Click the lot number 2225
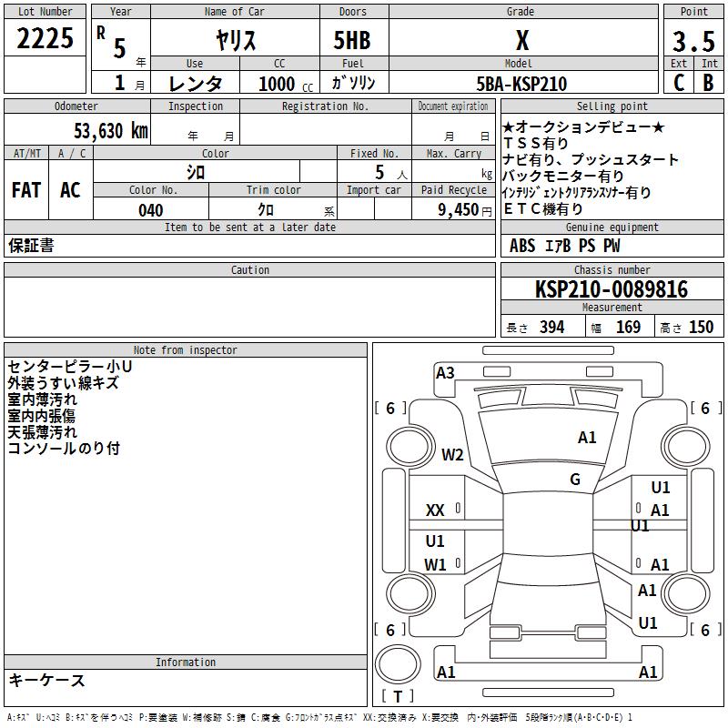pos(45,38)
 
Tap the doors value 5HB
pos(352,40)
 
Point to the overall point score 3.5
pos(693,41)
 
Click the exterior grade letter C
pos(679,82)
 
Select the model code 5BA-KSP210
pos(521,84)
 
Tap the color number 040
pos(150,210)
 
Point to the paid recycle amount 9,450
pos(458,210)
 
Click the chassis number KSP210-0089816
pos(612,289)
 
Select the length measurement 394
pos(551,328)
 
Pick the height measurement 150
pos(701,328)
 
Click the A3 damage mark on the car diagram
pos(445,373)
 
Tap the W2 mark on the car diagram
pos(453,455)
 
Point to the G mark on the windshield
pos(575,480)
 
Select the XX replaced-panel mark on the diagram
pos(435,511)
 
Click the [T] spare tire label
pos(398,696)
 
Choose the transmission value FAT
pos(25,190)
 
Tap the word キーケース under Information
pos(46,681)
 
